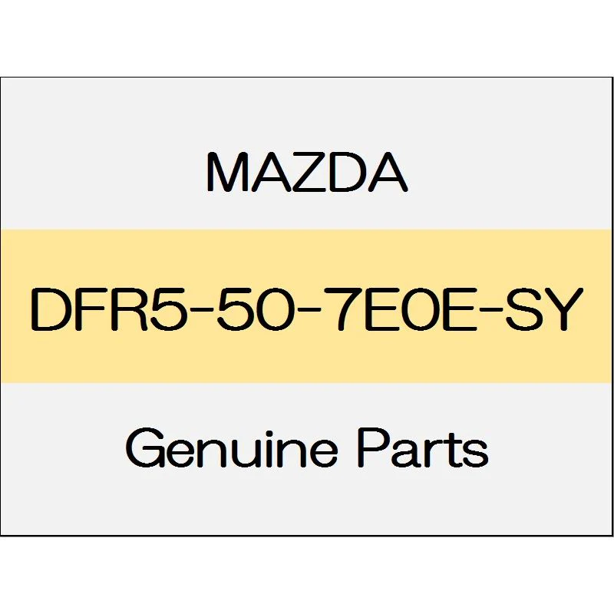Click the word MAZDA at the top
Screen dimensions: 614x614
click(x=307, y=173)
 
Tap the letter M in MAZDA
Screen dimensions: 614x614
click(x=226, y=173)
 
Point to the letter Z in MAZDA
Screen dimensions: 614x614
click(x=309, y=173)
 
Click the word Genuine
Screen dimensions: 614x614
click(x=232, y=449)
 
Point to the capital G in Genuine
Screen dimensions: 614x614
click(x=144, y=449)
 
